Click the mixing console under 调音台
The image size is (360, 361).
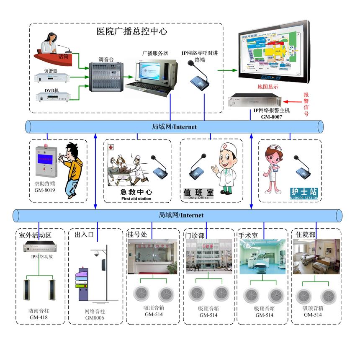coord(107,77)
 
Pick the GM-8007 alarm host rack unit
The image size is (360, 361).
coord(254,101)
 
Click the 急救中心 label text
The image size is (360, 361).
coord(134,192)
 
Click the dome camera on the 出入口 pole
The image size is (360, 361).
coord(95,254)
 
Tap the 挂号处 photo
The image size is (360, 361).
coord(152,256)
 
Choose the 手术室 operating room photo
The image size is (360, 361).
coord(262,256)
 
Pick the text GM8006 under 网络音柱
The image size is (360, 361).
coord(95,318)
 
